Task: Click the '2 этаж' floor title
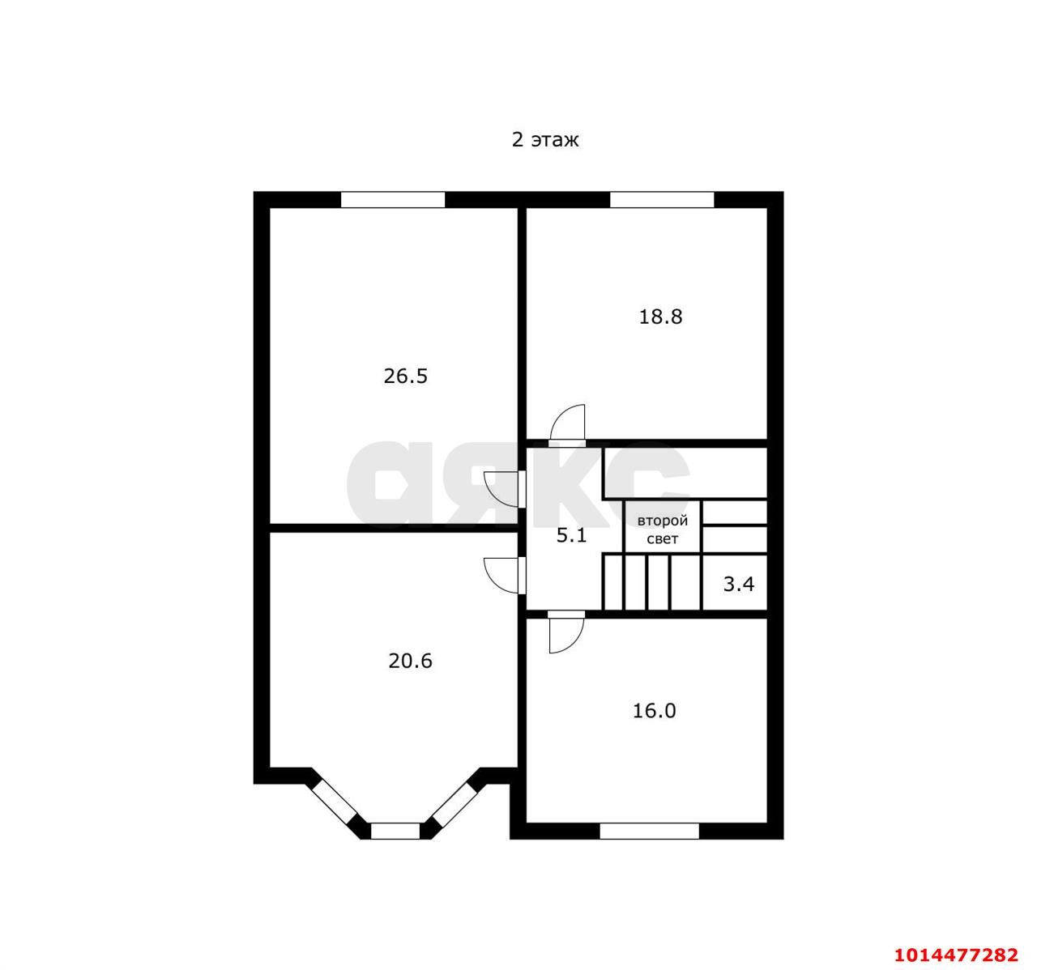(545, 140)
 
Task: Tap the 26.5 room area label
(406, 376)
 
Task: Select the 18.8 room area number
(660, 317)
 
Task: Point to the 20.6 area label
(411, 661)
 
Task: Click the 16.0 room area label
(655, 711)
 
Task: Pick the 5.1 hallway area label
(571, 536)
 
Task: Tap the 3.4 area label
(738, 584)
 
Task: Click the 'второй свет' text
(663, 530)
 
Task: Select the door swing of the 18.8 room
(568, 423)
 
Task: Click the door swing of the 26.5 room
(501, 489)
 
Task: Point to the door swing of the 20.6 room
(501, 576)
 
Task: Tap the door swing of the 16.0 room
(567, 635)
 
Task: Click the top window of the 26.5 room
(393, 199)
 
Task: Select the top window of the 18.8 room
(662, 199)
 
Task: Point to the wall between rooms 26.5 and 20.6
(393, 528)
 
